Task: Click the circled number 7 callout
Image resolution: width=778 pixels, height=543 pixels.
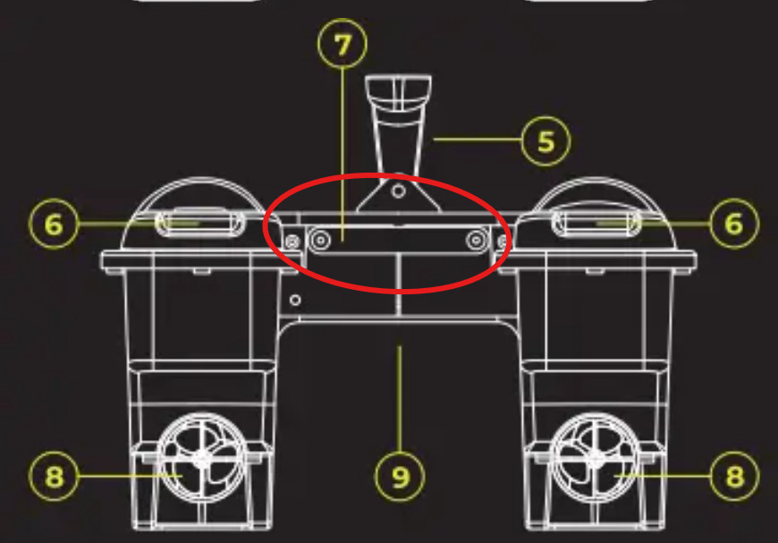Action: pyautogui.click(x=342, y=44)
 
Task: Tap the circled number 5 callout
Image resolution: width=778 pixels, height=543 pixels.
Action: pyautogui.click(x=545, y=141)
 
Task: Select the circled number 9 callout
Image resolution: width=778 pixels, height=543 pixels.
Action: pyautogui.click(x=400, y=477)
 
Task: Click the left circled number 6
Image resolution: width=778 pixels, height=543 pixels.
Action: pyautogui.click(x=54, y=224)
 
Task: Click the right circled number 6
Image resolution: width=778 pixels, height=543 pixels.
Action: pyautogui.click(x=734, y=224)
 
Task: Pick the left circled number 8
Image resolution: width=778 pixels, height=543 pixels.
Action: pyautogui.click(x=54, y=477)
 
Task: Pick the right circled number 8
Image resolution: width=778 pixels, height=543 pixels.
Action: pyautogui.click(x=735, y=477)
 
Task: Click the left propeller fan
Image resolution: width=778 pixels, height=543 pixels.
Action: pyautogui.click(x=202, y=458)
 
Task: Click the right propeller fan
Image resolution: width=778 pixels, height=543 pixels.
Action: pyautogui.click(x=595, y=458)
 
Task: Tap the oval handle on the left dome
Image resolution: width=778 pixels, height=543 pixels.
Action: pyautogui.click(x=200, y=223)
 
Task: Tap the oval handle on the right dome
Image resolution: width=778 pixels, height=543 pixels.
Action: pyautogui.click(x=596, y=223)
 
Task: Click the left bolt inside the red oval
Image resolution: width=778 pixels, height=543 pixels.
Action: pyautogui.click(x=320, y=241)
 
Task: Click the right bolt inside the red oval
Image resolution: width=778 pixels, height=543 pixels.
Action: pyautogui.click(x=477, y=241)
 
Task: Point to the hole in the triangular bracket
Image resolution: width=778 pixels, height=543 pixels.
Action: pyautogui.click(x=398, y=191)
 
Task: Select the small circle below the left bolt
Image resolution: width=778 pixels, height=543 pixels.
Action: pyautogui.click(x=295, y=300)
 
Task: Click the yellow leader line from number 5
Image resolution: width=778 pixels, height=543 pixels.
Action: pyautogui.click(x=478, y=140)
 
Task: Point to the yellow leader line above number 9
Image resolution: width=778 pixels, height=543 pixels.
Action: pyautogui.click(x=400, y=399)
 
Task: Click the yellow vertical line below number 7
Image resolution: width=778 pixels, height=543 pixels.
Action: pyautogui.click(x=342, y=155)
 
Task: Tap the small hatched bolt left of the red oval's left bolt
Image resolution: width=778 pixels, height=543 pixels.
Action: pyautogui.click(x=292, y=242)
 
